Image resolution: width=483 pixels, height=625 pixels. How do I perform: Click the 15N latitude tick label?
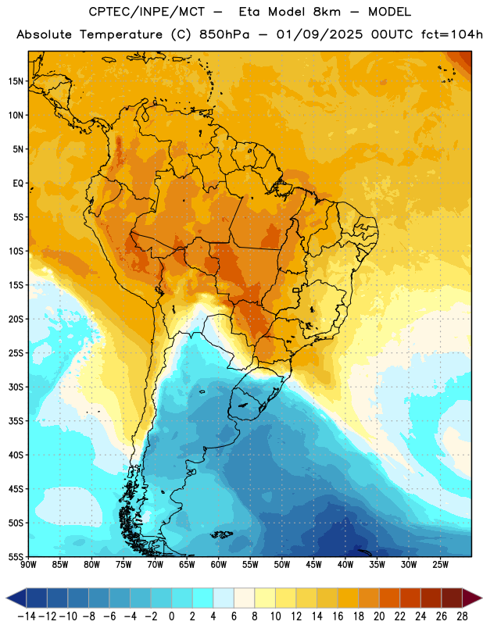(x=16, y=81)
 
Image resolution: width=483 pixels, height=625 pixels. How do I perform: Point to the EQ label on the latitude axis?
(x=18, y=184)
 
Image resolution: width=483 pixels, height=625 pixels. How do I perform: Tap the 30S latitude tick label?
(x=16, y=387)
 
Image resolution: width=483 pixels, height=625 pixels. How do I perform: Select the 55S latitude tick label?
(x=16, y=557)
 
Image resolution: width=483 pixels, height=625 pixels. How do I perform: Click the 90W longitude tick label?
(x=28, y=564)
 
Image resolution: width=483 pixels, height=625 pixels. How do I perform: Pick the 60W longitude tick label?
(x=219, y=564)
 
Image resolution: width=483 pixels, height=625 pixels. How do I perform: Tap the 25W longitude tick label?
(x=440, y=564)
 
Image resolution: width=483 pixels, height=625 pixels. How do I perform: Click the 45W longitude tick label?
(x=313, y=564)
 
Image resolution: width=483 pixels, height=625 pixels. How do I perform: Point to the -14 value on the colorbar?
(x=27, y=616)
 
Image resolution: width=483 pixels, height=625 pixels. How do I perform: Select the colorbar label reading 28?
(x=462, y=616)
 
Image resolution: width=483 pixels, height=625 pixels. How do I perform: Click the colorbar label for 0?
(x=171, y=616)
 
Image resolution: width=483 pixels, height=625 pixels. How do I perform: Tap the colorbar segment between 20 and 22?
(x=390, y=598)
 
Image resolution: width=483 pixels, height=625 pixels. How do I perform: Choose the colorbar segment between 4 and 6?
(x=224, y=598)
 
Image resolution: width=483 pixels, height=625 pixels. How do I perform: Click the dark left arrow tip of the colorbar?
(x=7, y=598)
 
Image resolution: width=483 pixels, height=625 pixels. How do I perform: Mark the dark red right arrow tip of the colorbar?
(x=481, y=598)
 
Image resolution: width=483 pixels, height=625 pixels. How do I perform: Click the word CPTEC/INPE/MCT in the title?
(x=147, y=12)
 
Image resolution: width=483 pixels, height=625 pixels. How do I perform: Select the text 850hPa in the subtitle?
(x=224, y=34)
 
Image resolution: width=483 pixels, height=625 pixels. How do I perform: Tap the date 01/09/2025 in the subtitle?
(x=320, y=34)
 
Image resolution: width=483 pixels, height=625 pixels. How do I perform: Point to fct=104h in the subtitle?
(x=452, y=34)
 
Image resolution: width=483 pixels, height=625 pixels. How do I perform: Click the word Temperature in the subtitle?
(x=121, y=34)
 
